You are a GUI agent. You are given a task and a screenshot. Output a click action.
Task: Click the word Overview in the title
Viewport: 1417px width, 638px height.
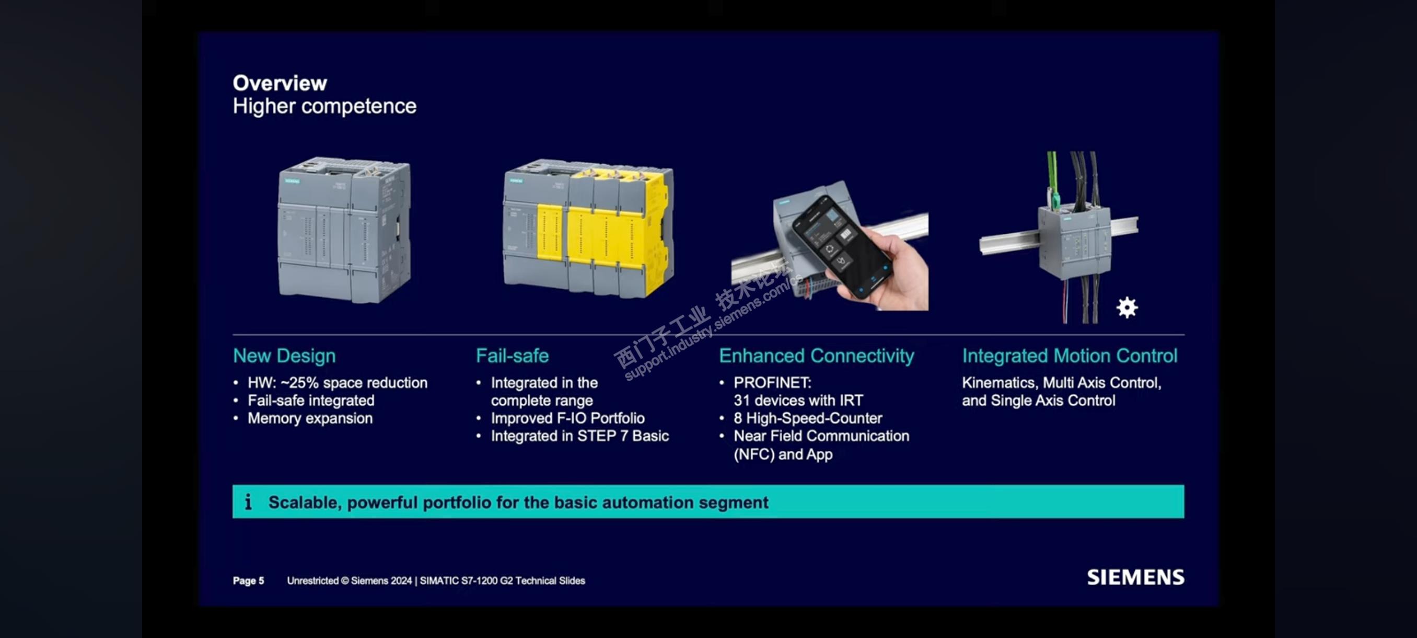point(280,83)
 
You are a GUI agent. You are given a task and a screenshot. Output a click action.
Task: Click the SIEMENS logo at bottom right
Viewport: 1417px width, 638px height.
point(1135,577)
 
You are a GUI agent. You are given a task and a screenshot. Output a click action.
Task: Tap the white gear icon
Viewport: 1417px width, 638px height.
point(1126,307)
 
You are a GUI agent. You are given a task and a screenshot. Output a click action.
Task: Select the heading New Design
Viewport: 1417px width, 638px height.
point(284,356)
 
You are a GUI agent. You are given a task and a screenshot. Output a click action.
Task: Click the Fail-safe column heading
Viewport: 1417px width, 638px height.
point(512,356)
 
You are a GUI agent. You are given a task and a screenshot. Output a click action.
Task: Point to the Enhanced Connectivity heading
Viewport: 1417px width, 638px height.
point(816,356)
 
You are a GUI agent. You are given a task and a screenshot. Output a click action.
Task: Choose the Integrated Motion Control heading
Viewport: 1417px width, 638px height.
point(1070,356)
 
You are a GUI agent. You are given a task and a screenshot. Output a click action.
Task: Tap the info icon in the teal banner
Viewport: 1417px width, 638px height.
point(249,502)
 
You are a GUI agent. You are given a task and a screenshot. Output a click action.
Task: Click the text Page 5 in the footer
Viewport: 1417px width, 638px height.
point(248,581)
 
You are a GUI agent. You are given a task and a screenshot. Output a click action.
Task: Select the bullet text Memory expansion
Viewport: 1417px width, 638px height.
point(310,418)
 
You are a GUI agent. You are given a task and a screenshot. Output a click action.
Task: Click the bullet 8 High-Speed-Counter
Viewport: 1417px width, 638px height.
point(808,418)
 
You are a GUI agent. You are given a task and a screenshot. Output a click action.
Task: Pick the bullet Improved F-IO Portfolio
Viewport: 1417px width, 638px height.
point(567,418)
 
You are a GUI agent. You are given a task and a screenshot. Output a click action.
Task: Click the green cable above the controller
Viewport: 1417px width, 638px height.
point(1052,176)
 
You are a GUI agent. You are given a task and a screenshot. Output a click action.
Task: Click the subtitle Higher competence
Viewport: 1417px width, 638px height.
point(324,106)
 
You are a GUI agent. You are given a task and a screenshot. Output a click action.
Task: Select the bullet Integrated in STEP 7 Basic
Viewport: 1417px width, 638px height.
point(579,436)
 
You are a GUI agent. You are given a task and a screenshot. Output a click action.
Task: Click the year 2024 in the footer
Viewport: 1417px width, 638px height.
point(401,581)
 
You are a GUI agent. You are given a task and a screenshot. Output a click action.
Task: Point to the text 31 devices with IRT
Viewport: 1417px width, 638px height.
point(798,400)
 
